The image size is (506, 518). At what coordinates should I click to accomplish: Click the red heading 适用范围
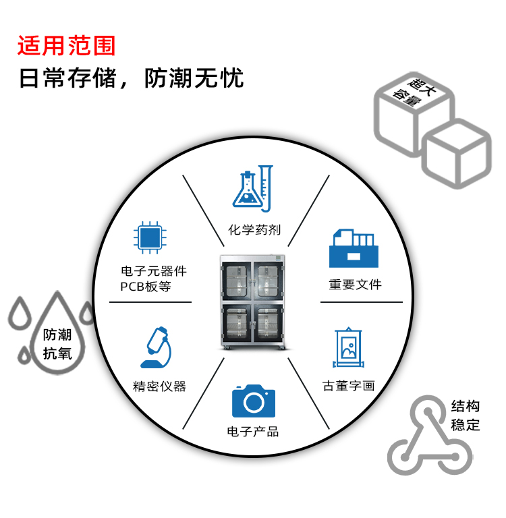[x=67, y=45]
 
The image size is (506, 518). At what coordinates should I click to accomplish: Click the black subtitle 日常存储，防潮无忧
[x=131, y=78]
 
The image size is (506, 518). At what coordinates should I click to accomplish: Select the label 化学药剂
[x=254, y=230]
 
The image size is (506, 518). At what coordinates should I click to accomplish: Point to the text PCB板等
[x=146, y=286]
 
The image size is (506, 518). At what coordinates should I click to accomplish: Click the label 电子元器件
[x=154, y=271]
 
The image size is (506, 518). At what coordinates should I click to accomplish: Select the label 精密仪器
[x=159, y=386]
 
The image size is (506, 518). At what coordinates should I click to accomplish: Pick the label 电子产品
[x=253, y=432]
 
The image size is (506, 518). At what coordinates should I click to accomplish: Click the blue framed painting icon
[x=349, y=348]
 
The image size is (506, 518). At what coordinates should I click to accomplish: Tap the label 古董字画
[x=348, y=386]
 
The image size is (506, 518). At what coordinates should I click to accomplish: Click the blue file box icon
[x=354, y=250]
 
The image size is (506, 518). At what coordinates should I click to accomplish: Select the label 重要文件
[x=356, y=285]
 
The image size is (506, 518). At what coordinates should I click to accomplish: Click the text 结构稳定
[x=466, y=415]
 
